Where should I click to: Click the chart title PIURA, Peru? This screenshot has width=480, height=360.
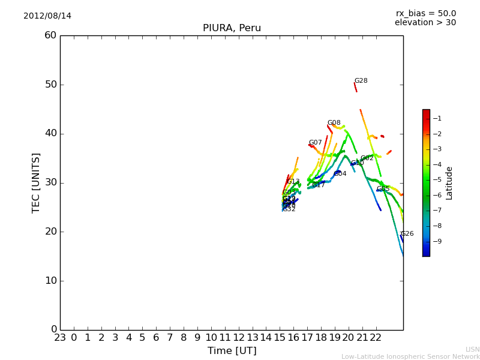click(232, 28)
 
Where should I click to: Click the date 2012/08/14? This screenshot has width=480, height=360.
click(47, 16)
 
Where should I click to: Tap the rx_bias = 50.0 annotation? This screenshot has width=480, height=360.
click(425, 13)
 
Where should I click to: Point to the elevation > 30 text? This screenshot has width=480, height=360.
click(425, 23)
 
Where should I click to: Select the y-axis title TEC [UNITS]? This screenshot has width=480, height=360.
click(36, 182)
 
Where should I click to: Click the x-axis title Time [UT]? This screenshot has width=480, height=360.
click(232, 350)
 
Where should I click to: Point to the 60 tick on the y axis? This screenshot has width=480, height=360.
click(50, 35)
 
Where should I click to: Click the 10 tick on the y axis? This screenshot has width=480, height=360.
click(50, 281)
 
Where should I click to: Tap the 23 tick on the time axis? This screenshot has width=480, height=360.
click(60, 338)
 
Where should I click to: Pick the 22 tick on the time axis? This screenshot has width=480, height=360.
click(376, 338)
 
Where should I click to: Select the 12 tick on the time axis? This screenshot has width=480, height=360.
click(239, 338)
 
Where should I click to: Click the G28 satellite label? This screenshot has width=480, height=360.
click(361, 81)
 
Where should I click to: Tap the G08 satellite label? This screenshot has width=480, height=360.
click(334, 123)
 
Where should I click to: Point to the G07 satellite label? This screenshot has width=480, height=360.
click(315, 143)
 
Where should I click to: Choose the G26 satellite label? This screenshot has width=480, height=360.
click(407, 234)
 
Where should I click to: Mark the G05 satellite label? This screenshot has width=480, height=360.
click(383, 189)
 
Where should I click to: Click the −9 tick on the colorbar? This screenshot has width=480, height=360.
click(437, 241)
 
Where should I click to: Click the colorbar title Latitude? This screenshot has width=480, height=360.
click(449, 183)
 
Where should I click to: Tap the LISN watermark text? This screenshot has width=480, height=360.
click(472, 349)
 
